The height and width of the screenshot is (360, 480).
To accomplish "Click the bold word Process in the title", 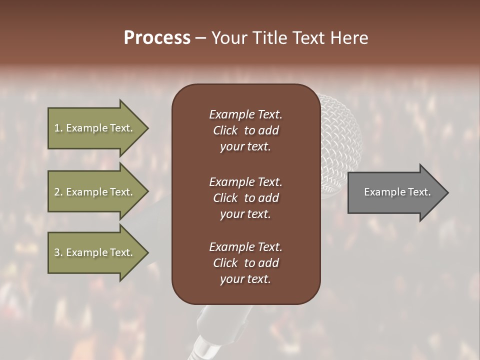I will pyautogui.click(x=157, y=38).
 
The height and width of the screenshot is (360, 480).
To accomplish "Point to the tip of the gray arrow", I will pyautogui.click(x=446, y=192).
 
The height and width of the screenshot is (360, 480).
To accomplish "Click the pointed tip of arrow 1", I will pyautogui.click(x=146, y=128).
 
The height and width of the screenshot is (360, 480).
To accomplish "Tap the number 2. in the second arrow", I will pyautogui.click(x=58, y=192).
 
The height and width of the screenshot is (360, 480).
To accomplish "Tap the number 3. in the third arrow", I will pyautogui.click(x=58, y=252).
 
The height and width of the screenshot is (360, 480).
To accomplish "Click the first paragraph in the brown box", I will pyautogui.click(x=245, y=130).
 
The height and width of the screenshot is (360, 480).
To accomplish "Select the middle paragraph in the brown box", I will pyautogui.click(x=245, y=197).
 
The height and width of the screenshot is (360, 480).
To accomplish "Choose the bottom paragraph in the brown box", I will pyautogui.click(x=245, y=263).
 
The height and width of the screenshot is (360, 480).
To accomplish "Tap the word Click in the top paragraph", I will pyautogui.click(x=225, y=130).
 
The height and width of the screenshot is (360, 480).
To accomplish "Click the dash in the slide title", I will pyautogui.click(x=200, y=38).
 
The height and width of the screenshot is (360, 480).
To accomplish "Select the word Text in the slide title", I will pyautogui.click(x=307, y=38).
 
